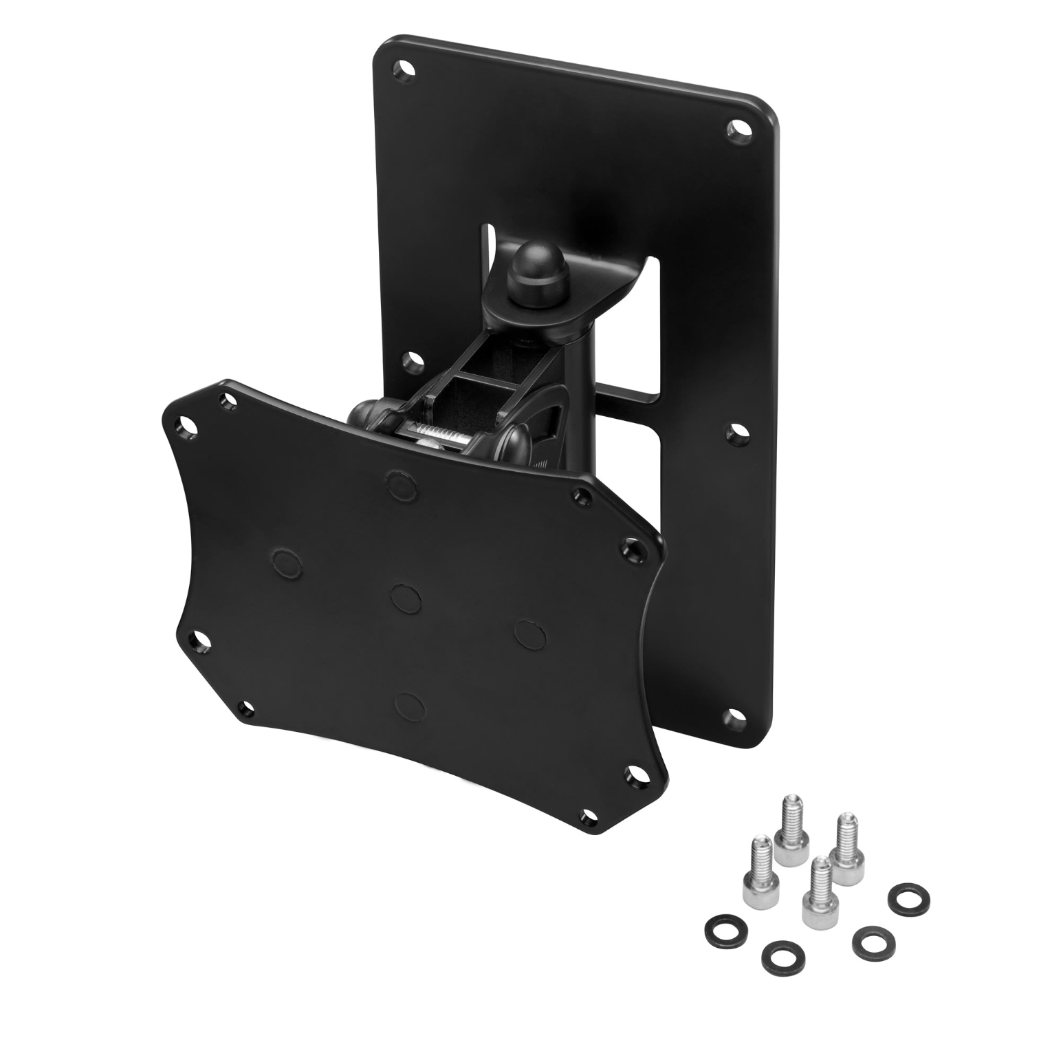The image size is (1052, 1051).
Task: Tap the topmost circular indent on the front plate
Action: pos(401,482)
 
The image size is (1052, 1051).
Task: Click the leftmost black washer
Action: pos(717,931)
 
